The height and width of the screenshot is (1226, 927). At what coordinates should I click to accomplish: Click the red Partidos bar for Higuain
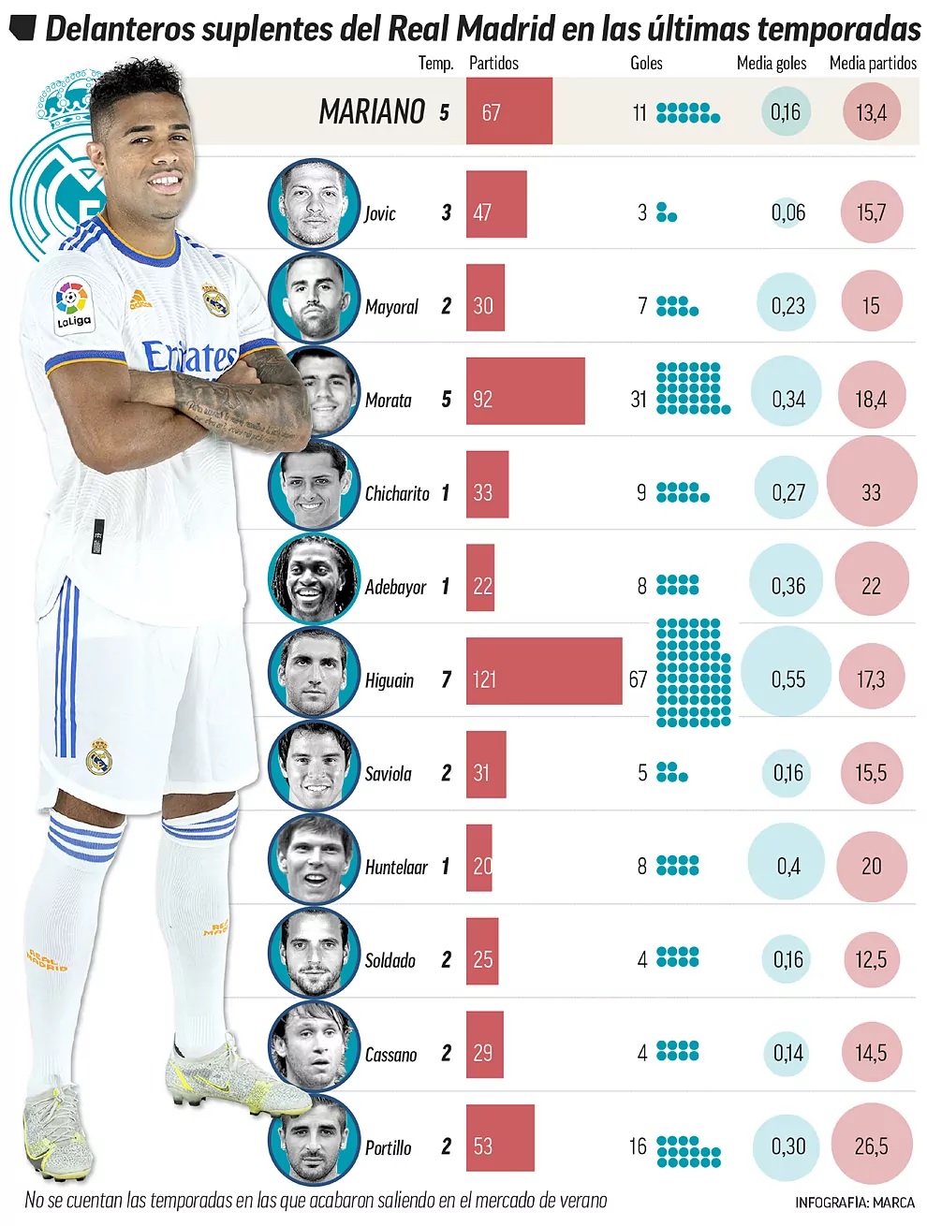click(x=544, y=671)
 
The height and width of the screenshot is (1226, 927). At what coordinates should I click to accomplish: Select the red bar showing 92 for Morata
click(x=525, y=390)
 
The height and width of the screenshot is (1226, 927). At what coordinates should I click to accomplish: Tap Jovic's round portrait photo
click(x=315, y=203)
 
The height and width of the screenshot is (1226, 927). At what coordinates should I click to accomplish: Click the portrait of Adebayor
click(x=315, y=577)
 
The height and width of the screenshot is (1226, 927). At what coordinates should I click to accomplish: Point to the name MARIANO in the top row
click(x=372, y=112)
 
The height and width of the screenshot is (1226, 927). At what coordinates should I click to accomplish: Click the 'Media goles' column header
click(x=771, y=63)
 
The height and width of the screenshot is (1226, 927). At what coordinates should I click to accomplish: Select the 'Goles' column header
click(x=646, y=63)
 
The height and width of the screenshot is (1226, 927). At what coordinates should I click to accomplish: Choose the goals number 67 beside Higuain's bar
click(x=638, y=679)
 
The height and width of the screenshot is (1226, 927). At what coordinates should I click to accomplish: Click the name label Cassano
click(x=390, y=1055)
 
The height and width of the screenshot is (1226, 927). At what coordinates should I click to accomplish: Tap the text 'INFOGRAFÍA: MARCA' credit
click(x=854, y=1203)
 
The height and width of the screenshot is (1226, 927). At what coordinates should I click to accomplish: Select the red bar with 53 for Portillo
click(x=500, y=1138)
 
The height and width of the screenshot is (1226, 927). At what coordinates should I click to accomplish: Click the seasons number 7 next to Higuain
click(x=447, y=680)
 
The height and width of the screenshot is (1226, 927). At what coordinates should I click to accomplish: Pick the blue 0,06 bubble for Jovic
click(x=787, y=212)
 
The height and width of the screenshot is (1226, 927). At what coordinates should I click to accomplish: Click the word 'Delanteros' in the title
click(x=120, y=29)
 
